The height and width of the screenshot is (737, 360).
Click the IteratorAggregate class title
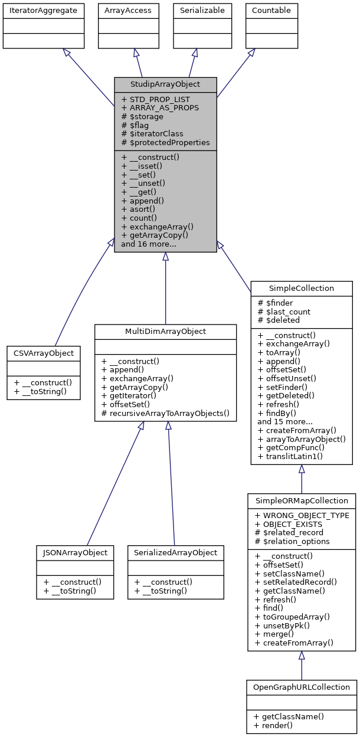(43, 10)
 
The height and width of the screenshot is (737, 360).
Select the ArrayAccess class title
(127, 10)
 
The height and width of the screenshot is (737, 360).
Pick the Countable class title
(271, 10)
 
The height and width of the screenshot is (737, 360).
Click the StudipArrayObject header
(165, 84)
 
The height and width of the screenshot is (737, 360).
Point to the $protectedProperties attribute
(165, 142)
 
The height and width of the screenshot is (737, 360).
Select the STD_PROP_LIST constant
(155, 100)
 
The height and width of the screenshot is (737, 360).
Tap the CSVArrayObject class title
(44, 353)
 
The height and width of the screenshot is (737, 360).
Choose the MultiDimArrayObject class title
(165, 332)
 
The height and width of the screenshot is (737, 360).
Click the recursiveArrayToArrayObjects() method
(165, 413)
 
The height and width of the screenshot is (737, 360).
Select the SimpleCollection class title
(302, 289)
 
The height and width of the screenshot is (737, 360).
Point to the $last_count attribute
(284, 312)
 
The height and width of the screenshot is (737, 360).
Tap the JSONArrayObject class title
(74, 553)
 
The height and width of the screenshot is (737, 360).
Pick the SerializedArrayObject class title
(176, 553)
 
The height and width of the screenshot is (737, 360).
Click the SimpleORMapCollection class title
(302, 500)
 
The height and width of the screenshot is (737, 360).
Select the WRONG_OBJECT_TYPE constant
(302, 515)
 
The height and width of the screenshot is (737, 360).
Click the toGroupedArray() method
(292, 616)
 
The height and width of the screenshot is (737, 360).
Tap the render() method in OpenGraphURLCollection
(275, 725)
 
